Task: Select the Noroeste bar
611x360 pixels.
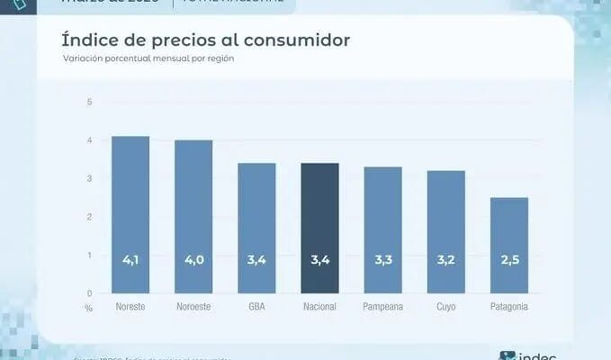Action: [193, 216]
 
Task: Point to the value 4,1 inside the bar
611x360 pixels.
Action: [130, 260]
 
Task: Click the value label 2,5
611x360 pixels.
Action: [509, 260]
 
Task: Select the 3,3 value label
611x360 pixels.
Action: [383, 260]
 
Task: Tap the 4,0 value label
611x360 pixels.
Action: [193, 260]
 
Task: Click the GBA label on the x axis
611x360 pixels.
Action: [256, 307]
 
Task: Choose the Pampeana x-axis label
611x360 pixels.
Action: [383, 307]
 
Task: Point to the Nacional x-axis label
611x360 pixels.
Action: [319, 307]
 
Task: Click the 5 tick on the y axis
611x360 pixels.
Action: [89, 102]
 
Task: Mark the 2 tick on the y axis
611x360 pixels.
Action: [89, 217]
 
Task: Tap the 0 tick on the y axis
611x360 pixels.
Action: [89, 293]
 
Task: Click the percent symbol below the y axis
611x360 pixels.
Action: [89, 308]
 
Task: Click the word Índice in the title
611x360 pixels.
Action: [89, 40]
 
